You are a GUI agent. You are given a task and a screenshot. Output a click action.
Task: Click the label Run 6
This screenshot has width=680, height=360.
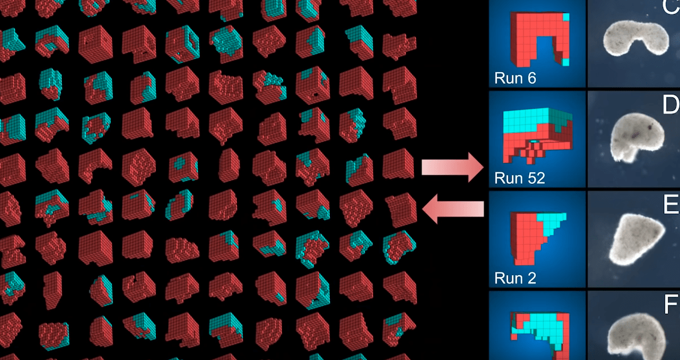click(515, 78)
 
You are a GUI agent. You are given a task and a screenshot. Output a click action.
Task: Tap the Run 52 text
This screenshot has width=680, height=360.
click(520, 178)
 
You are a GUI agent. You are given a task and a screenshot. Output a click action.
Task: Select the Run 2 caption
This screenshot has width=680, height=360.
click(515, 278)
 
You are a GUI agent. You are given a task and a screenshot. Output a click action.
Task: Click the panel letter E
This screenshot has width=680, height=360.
click(670, 205)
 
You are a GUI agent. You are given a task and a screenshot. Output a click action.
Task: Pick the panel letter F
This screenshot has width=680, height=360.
click(670, 305)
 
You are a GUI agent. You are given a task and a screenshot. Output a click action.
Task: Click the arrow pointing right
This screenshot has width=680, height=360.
click(453, 169)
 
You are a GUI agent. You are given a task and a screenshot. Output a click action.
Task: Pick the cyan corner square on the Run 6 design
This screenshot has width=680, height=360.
click(566, 17)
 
